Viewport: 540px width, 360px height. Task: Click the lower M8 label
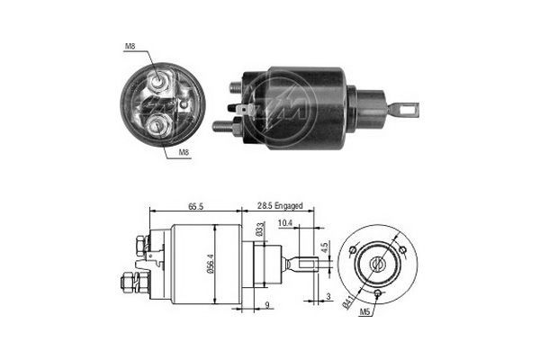pos(184,153)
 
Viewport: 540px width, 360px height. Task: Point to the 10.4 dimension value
pos(284,222)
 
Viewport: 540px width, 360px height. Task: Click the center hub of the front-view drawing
pos(377,264)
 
